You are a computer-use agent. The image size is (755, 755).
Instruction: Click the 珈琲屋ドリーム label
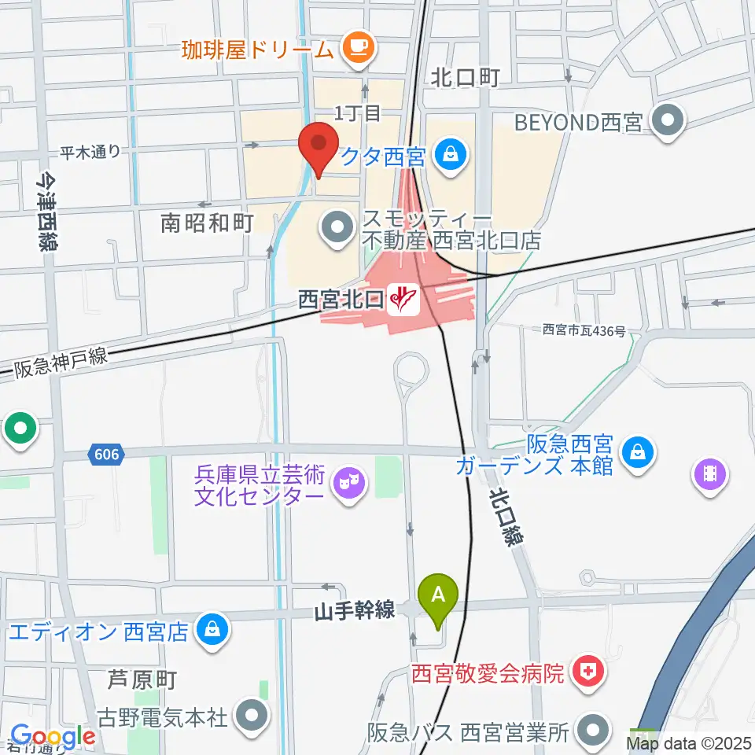pos(258,50)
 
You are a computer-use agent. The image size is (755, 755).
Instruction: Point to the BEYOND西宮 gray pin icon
pos(669,123)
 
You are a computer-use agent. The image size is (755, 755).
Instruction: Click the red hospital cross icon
pos(586,672)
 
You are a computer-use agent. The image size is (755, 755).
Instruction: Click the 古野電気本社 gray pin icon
pos(252,716)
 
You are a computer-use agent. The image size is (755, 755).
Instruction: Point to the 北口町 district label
pos(465,77)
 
